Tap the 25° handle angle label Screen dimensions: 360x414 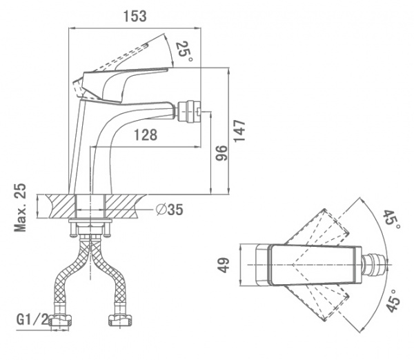(x=184, y=50)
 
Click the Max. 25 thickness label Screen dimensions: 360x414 (x=21, y=208)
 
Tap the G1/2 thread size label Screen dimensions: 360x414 (x=32, y=320)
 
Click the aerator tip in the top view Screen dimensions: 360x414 (x=376, y=266)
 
